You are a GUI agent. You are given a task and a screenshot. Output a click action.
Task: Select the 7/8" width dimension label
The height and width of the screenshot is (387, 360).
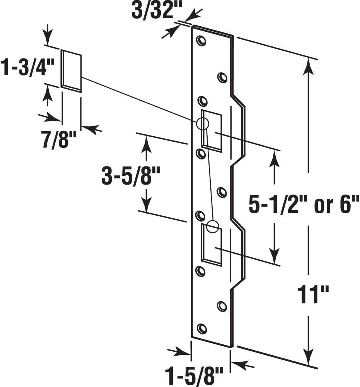pos(57,140)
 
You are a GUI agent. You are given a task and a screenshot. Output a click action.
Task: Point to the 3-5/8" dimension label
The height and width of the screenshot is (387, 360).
pos(130,177)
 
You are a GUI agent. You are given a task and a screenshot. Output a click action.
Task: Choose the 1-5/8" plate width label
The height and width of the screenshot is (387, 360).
pos(194,375)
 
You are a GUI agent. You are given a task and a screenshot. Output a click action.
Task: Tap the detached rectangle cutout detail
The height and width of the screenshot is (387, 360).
pos(72,71)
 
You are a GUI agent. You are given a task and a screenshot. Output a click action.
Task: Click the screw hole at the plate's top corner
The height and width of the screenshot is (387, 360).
pos(201,41)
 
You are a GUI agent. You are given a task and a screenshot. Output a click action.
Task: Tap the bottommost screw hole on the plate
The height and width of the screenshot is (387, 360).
pos(201,329)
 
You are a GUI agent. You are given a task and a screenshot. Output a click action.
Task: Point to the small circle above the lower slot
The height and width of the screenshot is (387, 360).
pos(212,226)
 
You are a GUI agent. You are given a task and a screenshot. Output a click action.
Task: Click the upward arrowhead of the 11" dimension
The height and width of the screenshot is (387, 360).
pos(308,66)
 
